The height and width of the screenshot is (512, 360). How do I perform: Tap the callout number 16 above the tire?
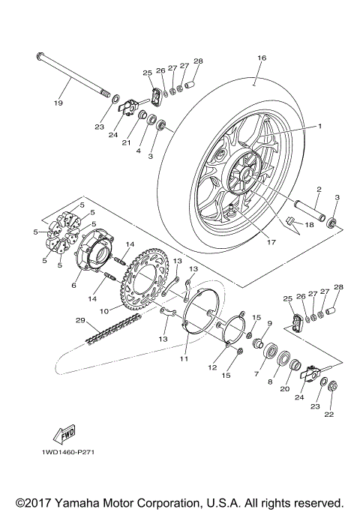tap(262, 58)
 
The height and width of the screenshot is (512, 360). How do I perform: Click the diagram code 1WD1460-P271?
tap(73, 453)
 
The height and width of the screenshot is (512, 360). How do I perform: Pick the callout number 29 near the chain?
tap(79, 321)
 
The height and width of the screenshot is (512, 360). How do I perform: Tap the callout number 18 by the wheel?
tap(309, 224)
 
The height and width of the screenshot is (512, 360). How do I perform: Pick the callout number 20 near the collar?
tap(285, 389)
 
